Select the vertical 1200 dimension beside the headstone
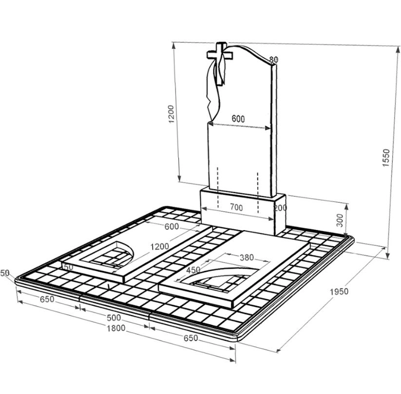(172, 114)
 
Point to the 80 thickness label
(273, 59)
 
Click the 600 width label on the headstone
(238, 119)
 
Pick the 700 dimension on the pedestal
(236, 207)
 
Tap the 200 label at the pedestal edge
(280, 208)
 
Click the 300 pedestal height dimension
(340, 220)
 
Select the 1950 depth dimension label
(339, 292)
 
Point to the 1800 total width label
(116, 328)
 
